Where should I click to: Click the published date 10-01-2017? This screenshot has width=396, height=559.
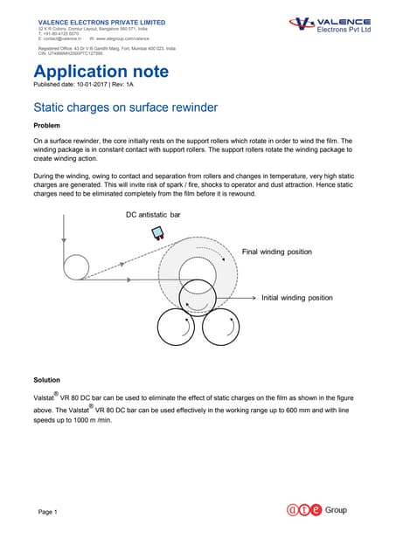pyautogui.click(x=87, y=84)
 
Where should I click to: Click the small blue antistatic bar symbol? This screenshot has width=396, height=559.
pyautogui.click(x=158, y=233)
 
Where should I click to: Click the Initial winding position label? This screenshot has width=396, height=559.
pyautogui.click(x=297, y=298)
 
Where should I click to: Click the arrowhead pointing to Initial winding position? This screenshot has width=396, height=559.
pyautogui.click(x=254, y=298)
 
